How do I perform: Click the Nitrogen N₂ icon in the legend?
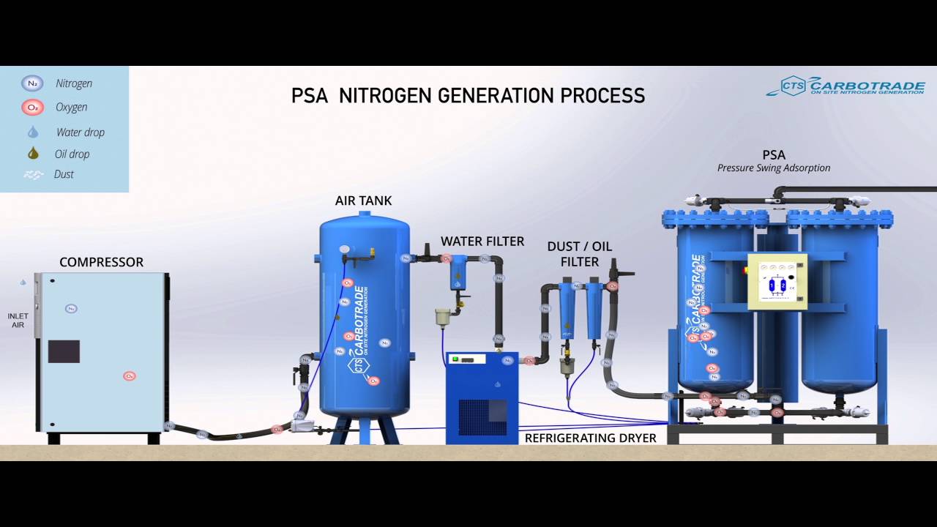point(32,83)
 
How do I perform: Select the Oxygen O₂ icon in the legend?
point(32,108)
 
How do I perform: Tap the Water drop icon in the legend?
point(33,132)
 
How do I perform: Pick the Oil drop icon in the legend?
point(33,154)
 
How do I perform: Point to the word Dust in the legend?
point(64,174)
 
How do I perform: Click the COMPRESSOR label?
point(101,262)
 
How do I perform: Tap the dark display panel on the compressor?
point(64,351)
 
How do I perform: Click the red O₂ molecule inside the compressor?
point(130,376)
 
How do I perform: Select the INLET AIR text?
point(18,321)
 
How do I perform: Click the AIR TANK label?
point(363,201)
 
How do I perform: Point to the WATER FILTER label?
point(482,242)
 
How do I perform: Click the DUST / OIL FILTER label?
point(579,254)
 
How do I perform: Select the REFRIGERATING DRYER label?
point(590,438)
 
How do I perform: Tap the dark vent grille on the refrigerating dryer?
point(482,417)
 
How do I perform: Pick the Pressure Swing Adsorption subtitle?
point(774,168)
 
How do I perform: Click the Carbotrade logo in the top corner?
point(845,86)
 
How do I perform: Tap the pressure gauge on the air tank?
point(343,249)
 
